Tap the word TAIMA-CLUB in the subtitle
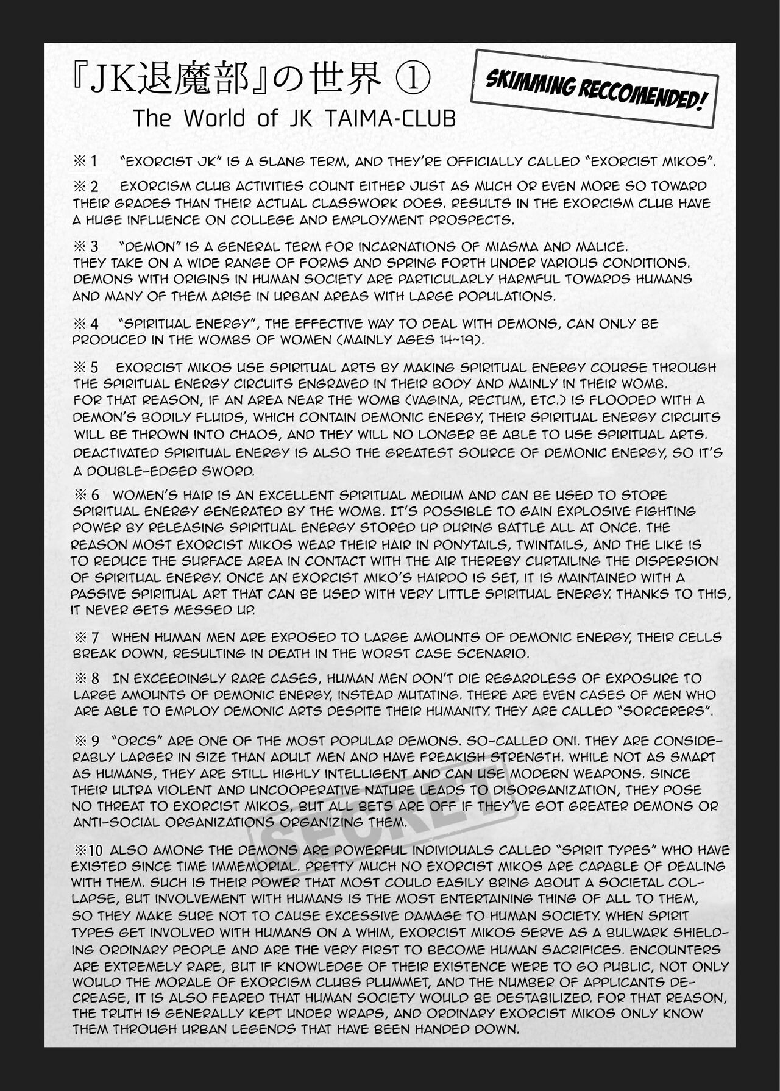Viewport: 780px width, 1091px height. [x=400, y=119]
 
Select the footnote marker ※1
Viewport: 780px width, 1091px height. [x=85, y=162]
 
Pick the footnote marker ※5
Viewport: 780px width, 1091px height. [x=85, y=368]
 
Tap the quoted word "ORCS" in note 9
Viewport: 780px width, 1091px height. [x=132, y=742]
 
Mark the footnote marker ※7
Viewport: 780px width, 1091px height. [x=85, y=638]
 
